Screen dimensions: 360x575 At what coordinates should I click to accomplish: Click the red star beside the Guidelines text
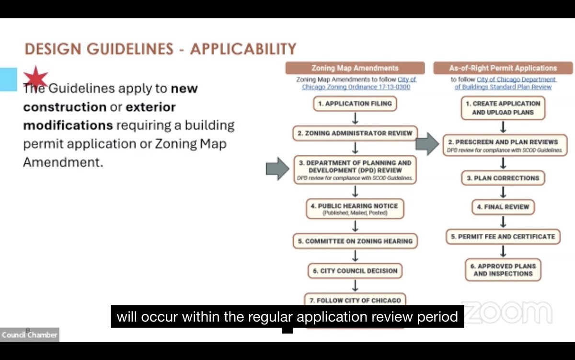36,78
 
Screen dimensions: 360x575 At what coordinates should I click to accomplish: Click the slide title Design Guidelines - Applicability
160,49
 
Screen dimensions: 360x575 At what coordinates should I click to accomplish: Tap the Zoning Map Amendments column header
355,68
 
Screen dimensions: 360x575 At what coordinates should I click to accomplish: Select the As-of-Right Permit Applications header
503,68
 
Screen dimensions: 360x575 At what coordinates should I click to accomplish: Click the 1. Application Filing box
355,104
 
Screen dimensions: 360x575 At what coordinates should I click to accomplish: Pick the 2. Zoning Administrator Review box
355,133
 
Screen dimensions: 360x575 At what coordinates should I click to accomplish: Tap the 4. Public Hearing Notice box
355,209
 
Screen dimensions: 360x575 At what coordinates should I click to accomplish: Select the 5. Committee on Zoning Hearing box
355,241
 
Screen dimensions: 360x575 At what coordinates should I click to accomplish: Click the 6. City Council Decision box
355,271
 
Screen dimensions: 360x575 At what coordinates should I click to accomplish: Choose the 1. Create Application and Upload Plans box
503,108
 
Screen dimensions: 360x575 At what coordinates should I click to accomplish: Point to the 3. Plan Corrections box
503,178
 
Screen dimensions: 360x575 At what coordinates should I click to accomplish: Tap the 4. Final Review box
503,207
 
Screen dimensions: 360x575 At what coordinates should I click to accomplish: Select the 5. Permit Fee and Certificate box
503,237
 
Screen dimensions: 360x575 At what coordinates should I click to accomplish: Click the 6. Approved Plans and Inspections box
503,270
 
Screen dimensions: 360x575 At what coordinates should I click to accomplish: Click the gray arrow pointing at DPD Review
277,168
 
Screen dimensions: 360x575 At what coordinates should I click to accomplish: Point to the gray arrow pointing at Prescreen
426,143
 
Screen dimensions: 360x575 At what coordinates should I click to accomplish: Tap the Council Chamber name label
29,335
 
